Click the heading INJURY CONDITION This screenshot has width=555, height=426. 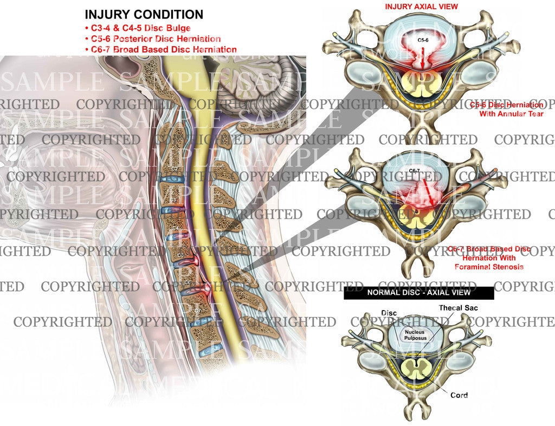click(x=144, y=15)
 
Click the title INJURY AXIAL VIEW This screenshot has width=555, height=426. click(x=421, y=7)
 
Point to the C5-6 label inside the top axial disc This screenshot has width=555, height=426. click(x=423, y=41)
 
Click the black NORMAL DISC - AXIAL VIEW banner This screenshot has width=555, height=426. click(x=419, y=293)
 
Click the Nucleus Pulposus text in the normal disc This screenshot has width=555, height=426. click(x=415, y=334)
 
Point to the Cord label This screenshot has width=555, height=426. click(x=459, y=395)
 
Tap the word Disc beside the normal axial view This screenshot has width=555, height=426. click(x=389, y=313)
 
